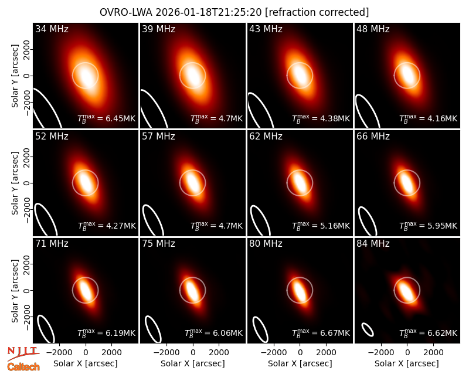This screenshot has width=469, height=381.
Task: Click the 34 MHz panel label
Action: point(52,29)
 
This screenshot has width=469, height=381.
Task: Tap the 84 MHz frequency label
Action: point(373,244)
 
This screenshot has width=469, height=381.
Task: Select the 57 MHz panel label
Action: point(158,137)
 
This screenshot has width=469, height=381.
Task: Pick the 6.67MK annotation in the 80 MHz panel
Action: point(335,333)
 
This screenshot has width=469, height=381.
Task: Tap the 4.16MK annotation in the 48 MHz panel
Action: point(443,118)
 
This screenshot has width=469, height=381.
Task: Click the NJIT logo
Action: point(23,353)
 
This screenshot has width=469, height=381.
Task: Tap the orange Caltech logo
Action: point(23,367)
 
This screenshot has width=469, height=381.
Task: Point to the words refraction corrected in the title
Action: point(317,12)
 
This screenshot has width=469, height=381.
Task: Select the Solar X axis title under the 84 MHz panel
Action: point(407,363)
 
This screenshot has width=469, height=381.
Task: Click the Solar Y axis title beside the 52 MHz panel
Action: point(15,183)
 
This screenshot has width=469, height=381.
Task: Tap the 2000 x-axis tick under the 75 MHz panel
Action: point(219,353)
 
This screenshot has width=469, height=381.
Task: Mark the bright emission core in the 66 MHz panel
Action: point(407,183)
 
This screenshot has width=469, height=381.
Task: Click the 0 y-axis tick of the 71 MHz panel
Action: point(28,290)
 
